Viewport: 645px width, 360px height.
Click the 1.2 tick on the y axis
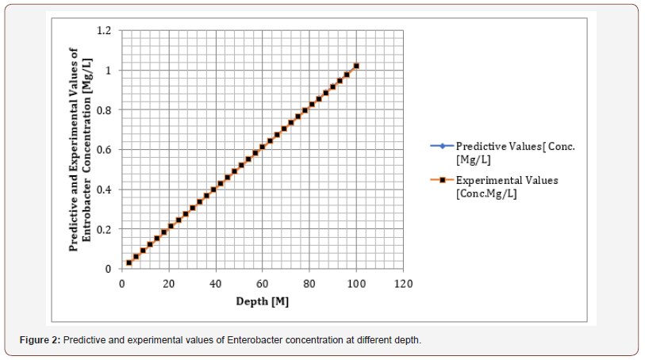[x=104, y=31]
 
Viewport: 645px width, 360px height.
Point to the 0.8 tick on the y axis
[x=104, y=110]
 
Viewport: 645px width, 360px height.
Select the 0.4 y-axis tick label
[x=104, y=190]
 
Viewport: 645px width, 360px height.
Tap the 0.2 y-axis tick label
[x=104, y=229]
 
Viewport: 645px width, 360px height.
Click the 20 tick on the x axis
[x=169, y=283]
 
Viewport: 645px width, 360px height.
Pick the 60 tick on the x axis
[x=263, y=283]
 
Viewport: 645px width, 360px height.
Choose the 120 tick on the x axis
[x=404, y=283]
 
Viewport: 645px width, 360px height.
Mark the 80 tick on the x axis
[x=310, y=283]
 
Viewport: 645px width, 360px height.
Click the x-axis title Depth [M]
[x=263, y=301]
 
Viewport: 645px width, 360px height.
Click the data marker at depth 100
[x=357, y=66]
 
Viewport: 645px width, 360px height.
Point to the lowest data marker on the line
[x=129, y=262]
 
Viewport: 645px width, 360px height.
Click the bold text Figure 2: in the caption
[x=40, y=340]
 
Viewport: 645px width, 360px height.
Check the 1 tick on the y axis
[x=107, y=71]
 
